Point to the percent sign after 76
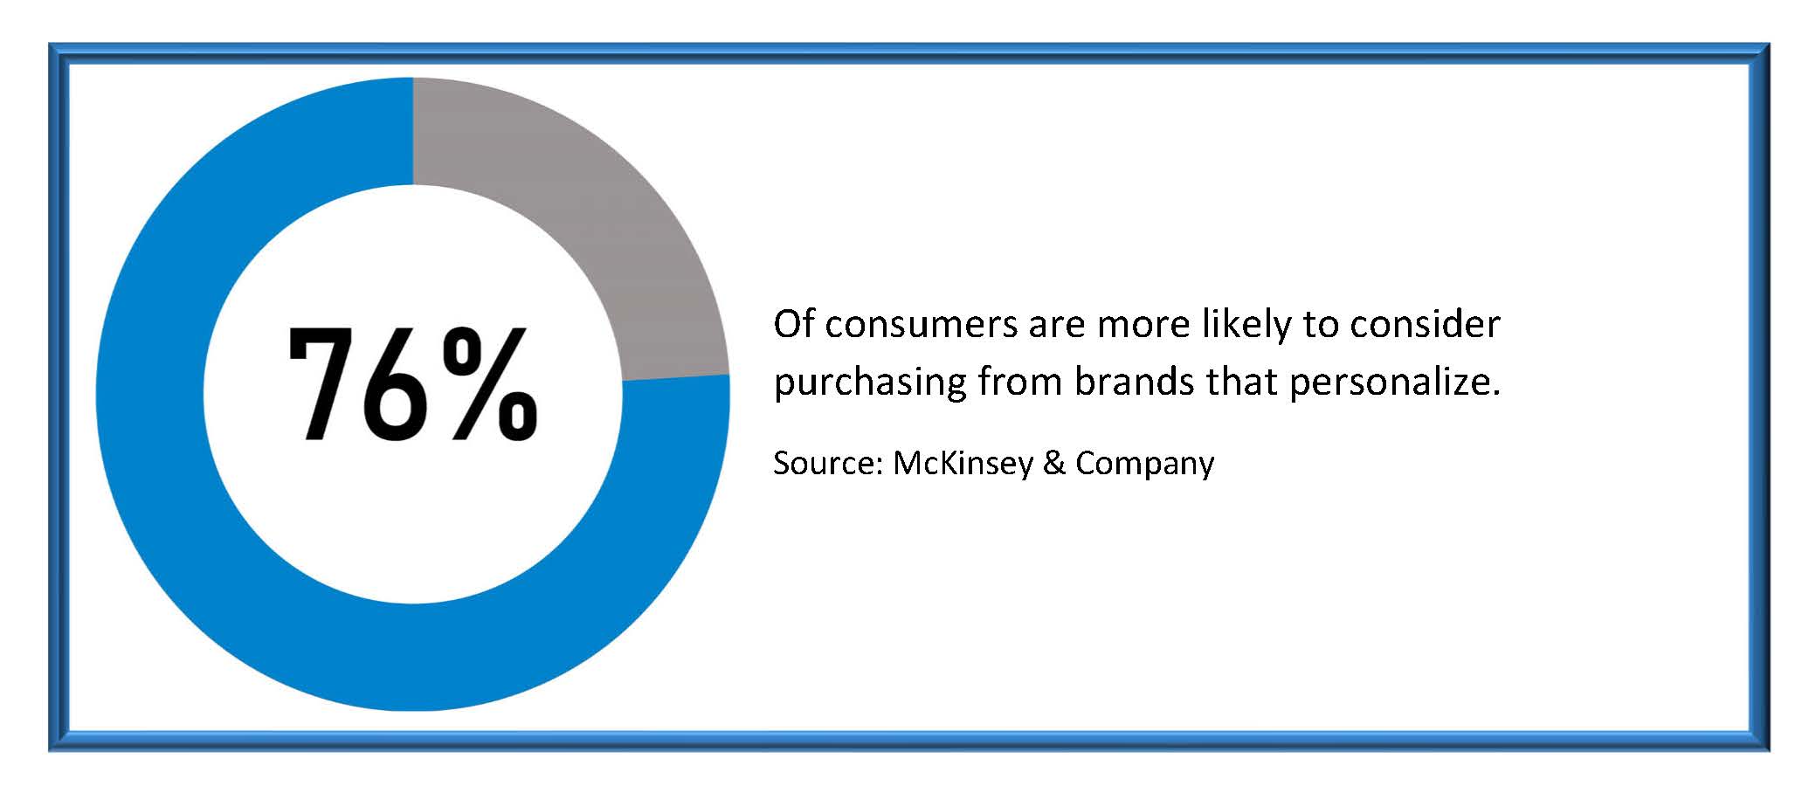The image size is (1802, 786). (489, 384)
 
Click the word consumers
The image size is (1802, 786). (922, 325)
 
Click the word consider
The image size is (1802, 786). (1425, 324)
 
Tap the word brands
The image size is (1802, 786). (1134, 382)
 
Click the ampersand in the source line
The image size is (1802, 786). (1054, 463)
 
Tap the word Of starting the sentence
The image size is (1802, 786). (794, 324)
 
